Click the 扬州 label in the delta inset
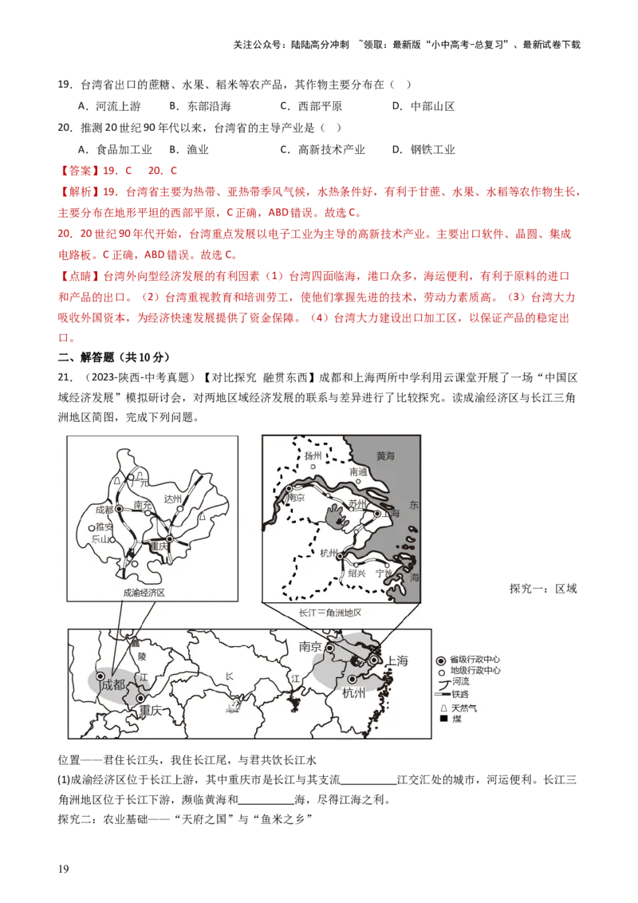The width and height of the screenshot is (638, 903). tap(313, 455)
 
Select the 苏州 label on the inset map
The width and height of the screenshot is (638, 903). tap(356, 504)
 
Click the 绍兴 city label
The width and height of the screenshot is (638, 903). tap(356, 573)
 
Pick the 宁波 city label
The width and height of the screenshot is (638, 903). tap(384, 573)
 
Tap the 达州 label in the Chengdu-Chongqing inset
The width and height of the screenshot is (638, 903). tap(172, 499)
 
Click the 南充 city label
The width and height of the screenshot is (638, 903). tap(144, 505)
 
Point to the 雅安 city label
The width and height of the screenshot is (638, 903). tap(104, 526)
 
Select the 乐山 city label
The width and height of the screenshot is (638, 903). tap(100, 539)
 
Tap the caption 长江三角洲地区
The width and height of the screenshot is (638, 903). tap(330, 613)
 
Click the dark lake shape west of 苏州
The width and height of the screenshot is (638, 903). tap(334, 519)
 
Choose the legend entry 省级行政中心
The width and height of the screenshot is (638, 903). tap(475, 660)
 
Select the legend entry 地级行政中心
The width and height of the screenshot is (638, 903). tap(475, 671)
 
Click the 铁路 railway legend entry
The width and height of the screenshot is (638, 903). tap(461, 694)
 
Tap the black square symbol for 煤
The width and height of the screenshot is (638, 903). tap(443, 720)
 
